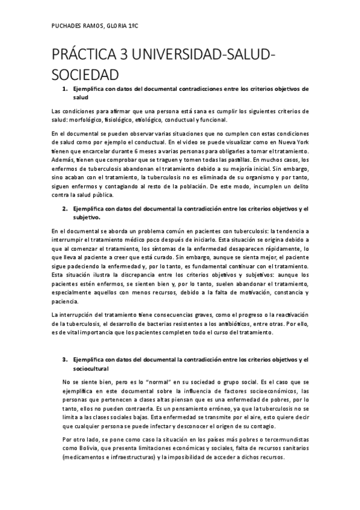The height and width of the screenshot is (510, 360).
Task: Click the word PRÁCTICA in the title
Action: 88,57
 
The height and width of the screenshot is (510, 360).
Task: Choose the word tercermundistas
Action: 285,440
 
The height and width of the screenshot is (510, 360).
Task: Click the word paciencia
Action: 67,301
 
